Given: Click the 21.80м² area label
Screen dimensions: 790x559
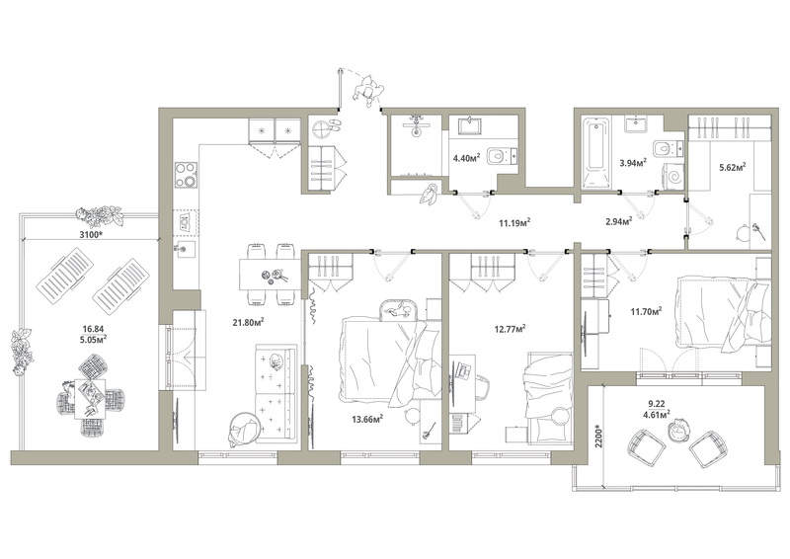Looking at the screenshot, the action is (x=249, y=322).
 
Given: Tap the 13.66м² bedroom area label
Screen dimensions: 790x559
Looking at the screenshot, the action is (x=367, y=419).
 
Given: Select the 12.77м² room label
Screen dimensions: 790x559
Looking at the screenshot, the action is (x=510, y=329).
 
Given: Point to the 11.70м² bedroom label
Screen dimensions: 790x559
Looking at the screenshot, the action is (x=646, y=311).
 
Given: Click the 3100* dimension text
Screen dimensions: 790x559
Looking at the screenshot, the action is (x=91, y=234).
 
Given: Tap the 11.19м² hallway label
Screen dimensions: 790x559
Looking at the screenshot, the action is (x=514, y=222).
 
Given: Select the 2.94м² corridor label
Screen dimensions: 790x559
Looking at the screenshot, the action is (x=619, y=221).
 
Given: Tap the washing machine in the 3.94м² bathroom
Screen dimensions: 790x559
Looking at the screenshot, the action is (x=672, y=176).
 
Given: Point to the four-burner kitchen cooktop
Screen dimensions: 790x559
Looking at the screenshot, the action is (x=186, y=175).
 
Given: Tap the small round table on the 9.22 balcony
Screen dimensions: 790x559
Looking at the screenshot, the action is (x=677, y=432).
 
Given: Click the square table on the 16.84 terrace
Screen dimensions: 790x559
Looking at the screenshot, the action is (x=90, y=399).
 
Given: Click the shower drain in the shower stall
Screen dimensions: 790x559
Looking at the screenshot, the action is (x=416, y=132).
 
